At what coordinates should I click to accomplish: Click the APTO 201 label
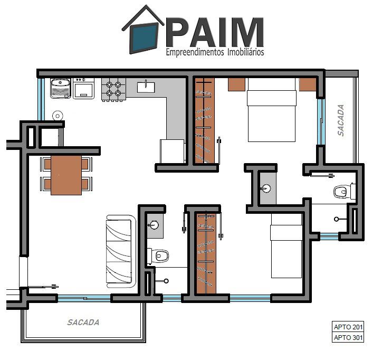[348, 327]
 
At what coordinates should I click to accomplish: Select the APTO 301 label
[348, 338]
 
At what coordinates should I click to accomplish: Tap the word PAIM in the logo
[215, 32]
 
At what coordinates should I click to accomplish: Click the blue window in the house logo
[144, 38]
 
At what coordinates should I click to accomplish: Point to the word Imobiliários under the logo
[245, 52]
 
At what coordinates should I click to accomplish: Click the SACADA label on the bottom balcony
[83, 323]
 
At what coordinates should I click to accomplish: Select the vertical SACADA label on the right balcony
[341, 120]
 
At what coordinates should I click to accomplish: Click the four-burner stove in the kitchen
[114, 89]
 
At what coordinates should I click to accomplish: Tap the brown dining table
[66, 175]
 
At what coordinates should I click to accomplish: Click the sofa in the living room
[121, 251]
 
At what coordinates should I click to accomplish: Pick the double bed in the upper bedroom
[272, 110]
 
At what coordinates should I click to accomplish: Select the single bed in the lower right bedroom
[286, 245]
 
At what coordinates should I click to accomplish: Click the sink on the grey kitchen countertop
[146, 87]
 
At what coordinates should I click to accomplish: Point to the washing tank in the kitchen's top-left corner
[61, 88]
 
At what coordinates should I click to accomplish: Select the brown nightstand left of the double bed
[236, 84]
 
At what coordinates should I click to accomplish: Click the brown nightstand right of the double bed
[308, 84]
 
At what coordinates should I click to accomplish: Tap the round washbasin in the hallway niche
[266, 188]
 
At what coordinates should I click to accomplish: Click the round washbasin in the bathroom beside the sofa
[153, 225]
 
